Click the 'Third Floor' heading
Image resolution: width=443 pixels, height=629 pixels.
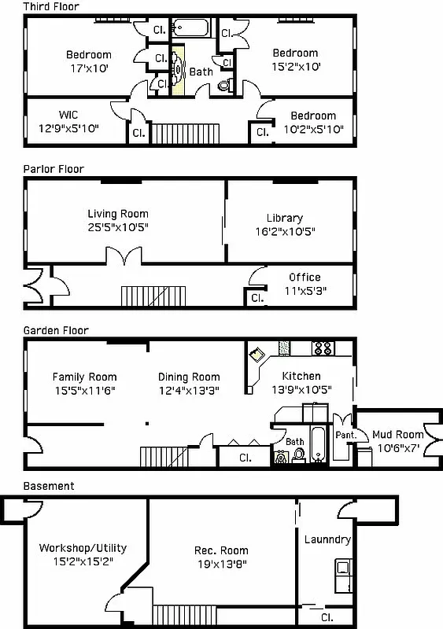coord(50,6)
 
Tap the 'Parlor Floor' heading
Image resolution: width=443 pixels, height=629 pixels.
coord(53,169)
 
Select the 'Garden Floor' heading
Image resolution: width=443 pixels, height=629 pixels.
coord(55,331)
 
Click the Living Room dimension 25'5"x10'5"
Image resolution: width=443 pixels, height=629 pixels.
coord(117,227)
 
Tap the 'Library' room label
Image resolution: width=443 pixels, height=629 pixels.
coord(284,218)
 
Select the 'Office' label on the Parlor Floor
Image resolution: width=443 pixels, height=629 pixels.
coord(305,278)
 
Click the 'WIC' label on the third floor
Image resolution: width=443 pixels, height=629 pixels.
coord(68,115)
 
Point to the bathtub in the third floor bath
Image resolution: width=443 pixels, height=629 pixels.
coord(193,28)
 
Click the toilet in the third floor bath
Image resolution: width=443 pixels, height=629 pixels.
coord(223,85)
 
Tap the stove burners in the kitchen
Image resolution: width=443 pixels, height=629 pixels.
coord(323,346)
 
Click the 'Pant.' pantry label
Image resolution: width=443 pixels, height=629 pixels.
coord(346,435)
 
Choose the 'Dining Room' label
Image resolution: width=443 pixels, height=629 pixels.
coord(189,377)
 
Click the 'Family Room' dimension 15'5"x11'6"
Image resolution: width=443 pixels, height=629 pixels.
coord(84,390)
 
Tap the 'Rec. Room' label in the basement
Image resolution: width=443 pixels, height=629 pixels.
coord(221,550)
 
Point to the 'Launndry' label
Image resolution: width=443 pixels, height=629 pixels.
coord(327,540)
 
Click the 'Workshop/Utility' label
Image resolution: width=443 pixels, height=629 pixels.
coord(83,548)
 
